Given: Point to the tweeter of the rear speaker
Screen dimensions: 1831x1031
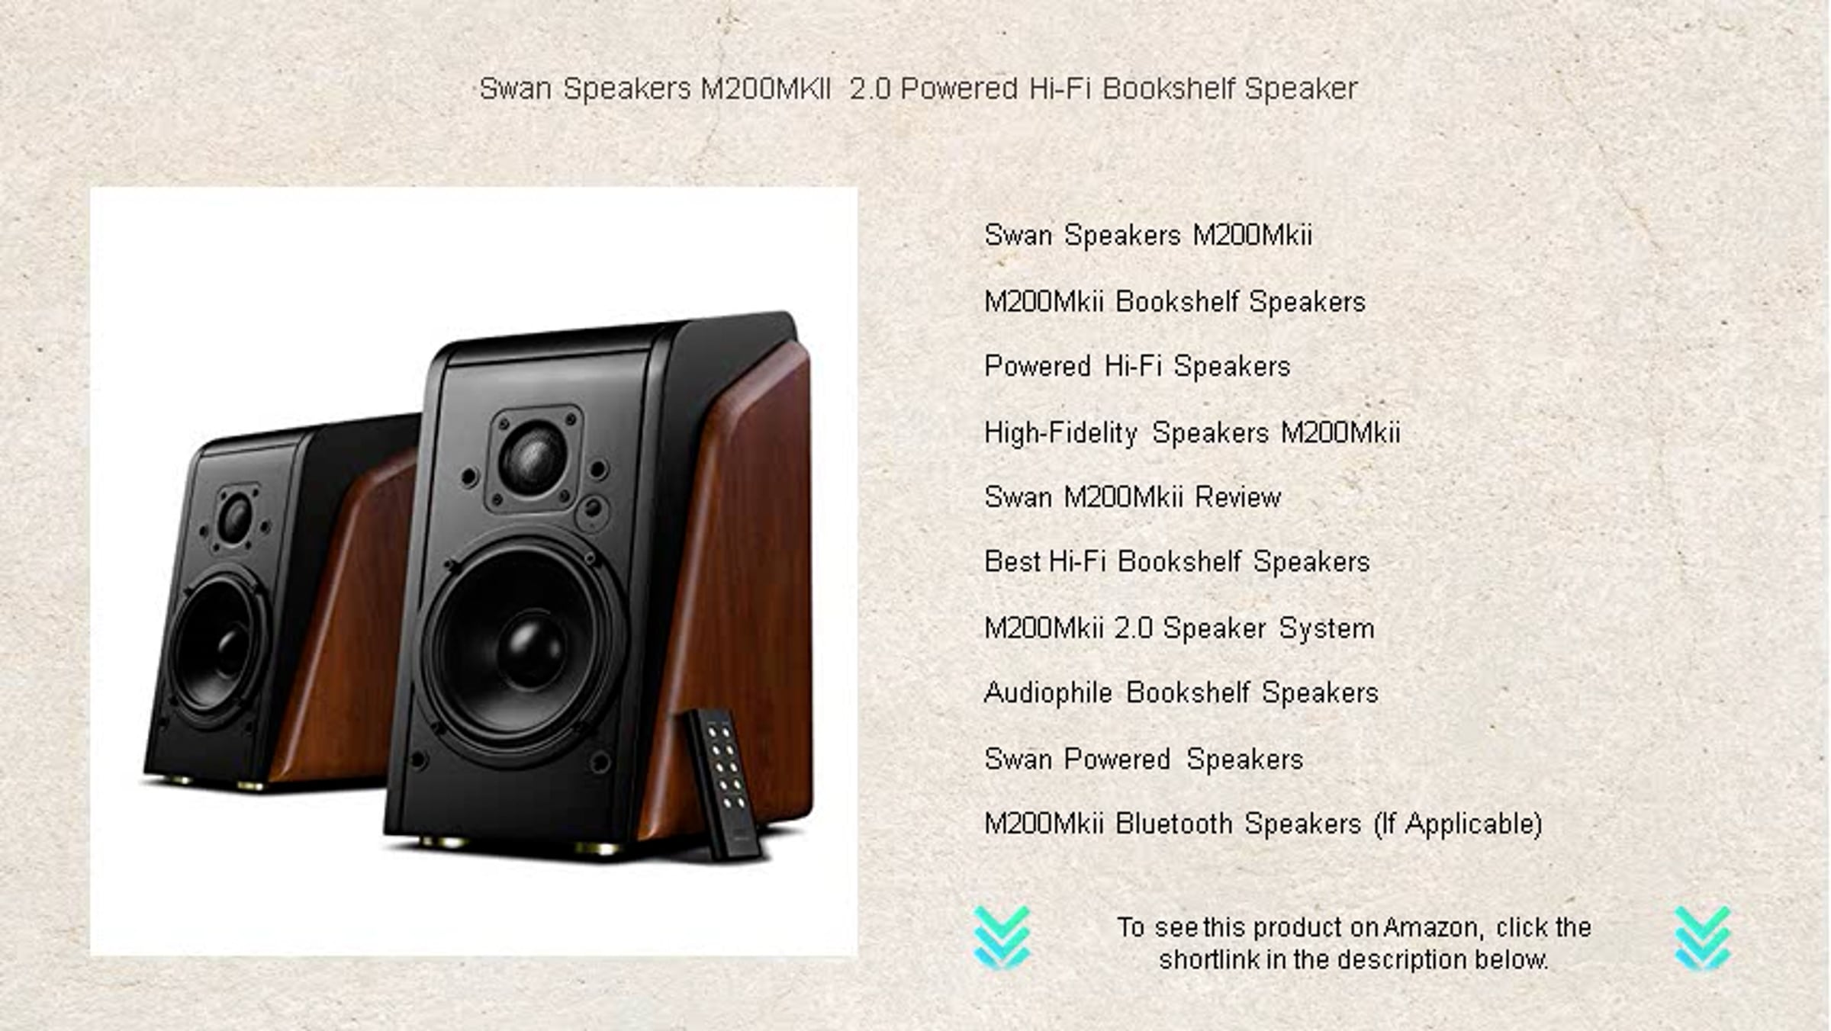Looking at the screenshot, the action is pos(235,517).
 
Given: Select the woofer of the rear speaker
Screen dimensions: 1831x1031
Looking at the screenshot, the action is pos(219,648).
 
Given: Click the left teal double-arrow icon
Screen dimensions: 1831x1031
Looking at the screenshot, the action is pos(1002,937).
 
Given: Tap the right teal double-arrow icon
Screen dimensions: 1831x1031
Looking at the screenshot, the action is pos(1703,937).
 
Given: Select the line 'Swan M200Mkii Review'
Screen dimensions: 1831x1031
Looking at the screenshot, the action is pos(1132,497).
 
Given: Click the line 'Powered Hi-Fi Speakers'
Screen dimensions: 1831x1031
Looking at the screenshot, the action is pos(1137,366).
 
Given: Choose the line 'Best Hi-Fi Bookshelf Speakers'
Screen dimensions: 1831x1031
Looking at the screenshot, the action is pos(1177,562).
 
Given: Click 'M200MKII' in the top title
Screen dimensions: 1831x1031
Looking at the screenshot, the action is pos(765,88).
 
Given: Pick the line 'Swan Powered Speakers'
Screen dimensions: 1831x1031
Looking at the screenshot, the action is pos(1144,760).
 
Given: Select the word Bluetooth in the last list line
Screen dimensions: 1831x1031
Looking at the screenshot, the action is pos(1174,824).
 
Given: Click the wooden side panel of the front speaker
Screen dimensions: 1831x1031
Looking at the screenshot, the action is pos(732,595).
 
